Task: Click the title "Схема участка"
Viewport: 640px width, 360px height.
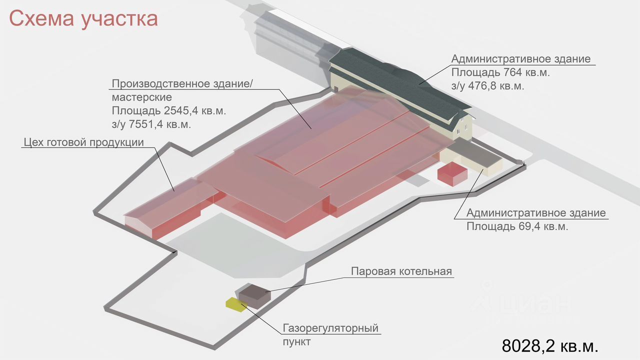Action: coord(83,19)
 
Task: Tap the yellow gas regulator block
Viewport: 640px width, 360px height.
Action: coord(235,304)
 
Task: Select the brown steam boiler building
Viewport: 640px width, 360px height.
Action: coord(254,294)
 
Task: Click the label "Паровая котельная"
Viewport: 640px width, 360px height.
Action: coord(401,272)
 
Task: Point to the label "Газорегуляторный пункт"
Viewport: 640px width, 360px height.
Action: coord(330,335)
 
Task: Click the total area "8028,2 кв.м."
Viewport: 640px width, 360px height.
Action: coord(550,345)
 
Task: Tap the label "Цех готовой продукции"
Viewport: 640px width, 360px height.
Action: coord(83,142)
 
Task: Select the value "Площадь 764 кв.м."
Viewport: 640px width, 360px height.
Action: coord(500,72)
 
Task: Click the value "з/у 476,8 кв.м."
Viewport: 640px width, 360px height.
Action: coord(487,86)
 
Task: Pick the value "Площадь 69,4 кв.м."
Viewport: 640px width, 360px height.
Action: coord(517,226)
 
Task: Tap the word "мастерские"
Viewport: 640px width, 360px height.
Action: coord(141,96)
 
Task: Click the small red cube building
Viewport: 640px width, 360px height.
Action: coord(452,173)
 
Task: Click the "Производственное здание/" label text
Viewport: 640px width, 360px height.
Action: coord(182,83)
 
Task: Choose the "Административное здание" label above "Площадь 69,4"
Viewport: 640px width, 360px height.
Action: coord(536,213)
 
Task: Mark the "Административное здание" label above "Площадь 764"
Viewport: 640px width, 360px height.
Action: coord(520,59)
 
